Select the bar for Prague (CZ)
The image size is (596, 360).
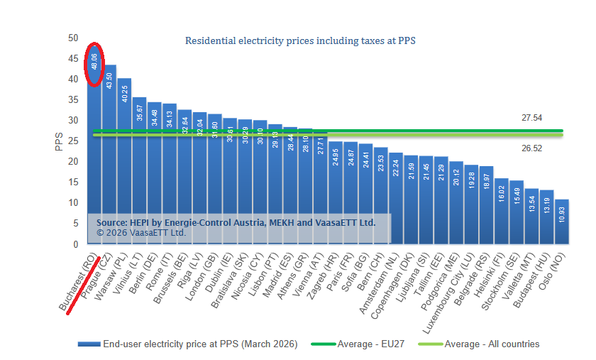(x=110, y=142)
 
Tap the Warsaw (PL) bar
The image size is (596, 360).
(x=125, y=156)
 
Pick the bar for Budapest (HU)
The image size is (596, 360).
(x=546, y=217)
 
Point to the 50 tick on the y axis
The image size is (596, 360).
(x=74, y=38)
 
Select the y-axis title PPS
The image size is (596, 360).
(x=59, y=141)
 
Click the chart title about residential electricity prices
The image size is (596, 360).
(x=299, y=41)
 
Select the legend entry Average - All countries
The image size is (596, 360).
(x=491, y=344)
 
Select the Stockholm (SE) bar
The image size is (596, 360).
(x=517, y=212)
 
